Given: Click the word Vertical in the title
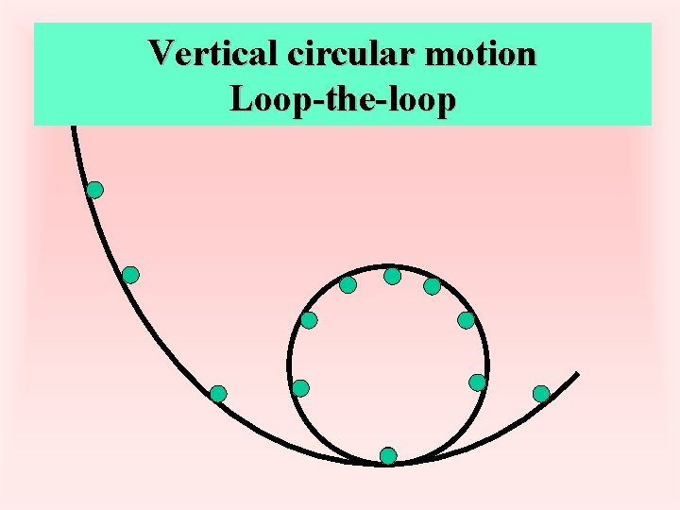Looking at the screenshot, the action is pos(212,53).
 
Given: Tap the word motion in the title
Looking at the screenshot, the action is pos(481,53).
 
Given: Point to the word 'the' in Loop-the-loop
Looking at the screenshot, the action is pos(342,98).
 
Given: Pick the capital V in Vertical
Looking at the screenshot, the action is pos(161,53).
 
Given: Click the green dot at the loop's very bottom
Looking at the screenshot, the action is pos(388,456).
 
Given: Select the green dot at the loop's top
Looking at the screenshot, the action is pos(392,276).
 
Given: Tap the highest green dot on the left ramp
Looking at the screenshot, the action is pos(94,190).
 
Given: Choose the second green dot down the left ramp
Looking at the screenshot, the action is pos(130,275).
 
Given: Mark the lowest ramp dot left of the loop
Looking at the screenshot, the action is pos(218,393).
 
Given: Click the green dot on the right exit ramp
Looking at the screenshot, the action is pos(541,393).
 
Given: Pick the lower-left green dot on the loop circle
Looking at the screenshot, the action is pos(300,387).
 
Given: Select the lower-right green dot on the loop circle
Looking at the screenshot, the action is pos(478,382).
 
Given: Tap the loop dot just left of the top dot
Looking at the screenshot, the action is pos(348,284).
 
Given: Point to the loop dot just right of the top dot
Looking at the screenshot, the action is pos(432,285).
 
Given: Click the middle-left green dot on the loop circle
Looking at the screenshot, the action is pos(309,320).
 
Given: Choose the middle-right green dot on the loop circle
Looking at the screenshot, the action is pos(466,320).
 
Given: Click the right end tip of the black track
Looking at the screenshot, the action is pos(576,374).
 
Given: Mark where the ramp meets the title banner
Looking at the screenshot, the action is pos(73,126).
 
